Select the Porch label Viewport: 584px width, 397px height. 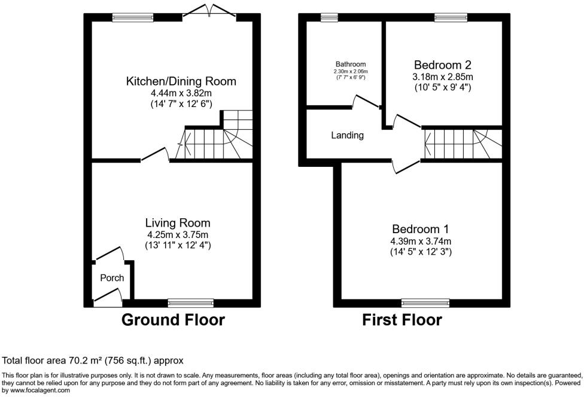coord(112,278)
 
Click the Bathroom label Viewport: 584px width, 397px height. coord(350,64)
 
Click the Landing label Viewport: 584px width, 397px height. coord(348,135)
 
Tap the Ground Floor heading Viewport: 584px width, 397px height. coord(173,320)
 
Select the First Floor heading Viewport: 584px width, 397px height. coord(402,320)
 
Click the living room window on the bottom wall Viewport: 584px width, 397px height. coord(190,303)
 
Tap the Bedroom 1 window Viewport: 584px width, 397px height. coord(425,303)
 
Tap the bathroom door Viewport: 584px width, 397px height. coord(364,101)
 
